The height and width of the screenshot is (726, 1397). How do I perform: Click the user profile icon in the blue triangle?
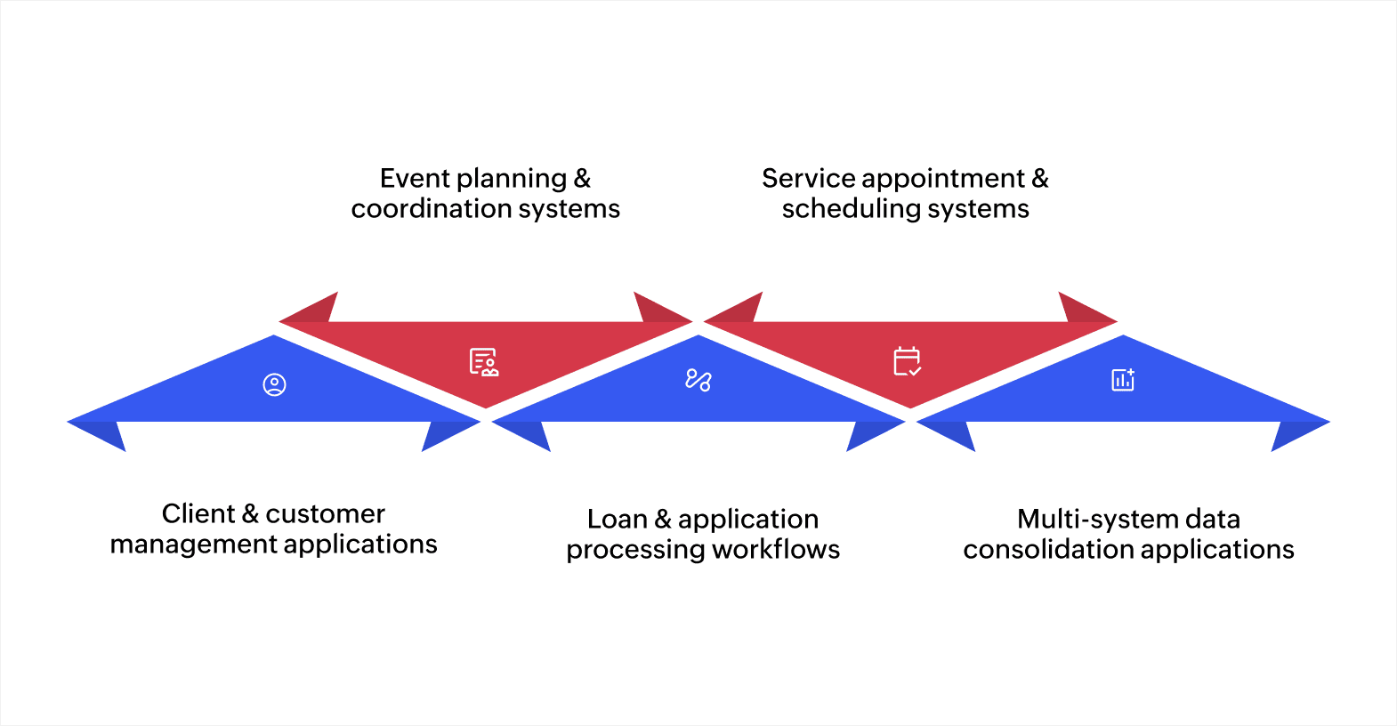click(x=274, y=384)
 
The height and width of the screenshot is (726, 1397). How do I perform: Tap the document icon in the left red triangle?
click(x=484, y=362)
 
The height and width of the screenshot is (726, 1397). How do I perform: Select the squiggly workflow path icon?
click(x=698, y=380)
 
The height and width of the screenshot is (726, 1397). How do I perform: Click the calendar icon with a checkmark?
click(x=907, y=361)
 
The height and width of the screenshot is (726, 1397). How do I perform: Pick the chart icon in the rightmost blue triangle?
click(x=1123, y=380)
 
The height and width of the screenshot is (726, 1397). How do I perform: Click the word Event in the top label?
click(x=414, y=179)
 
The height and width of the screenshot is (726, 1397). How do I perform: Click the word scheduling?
click(x=851, y=209)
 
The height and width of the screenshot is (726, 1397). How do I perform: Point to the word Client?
click(x=198, y=514)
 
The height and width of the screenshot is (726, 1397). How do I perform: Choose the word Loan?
click(x=617, y=520)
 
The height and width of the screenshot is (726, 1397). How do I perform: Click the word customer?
click(x=325, y=514)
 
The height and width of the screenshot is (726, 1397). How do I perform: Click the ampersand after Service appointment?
click(x=1040, y=179)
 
